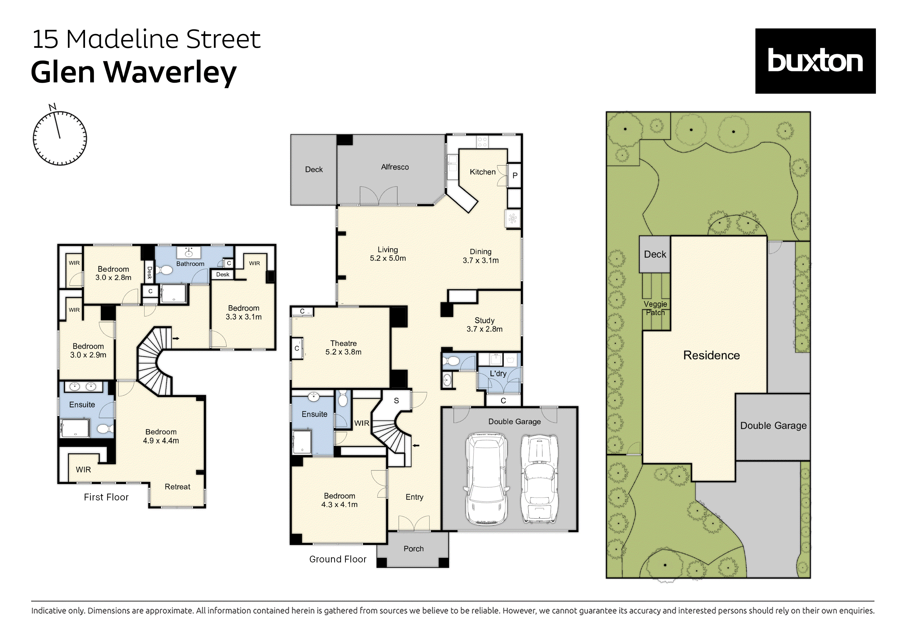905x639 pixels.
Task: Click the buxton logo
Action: coord(815,61)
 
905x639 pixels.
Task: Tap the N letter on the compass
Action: coord(52,107)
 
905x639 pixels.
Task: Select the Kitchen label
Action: coord(483,172)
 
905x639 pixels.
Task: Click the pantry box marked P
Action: coord(514,175)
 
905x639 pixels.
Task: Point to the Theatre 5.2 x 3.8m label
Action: coord(343,348)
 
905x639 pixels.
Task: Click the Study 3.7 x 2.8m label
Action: coord(484,325)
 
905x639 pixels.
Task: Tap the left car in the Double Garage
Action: coord(486,479)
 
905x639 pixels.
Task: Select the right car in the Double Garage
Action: coord(539,479)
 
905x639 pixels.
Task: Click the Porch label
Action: coord(413,549)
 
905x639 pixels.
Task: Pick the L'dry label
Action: coord(498,373)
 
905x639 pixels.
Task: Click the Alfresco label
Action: coord(395,167)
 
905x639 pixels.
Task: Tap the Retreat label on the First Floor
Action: coord(177,487)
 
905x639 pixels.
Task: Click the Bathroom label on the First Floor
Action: coord(190,264)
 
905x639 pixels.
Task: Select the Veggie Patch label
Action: coord(655,309)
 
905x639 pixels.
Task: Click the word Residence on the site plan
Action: coord(711,355)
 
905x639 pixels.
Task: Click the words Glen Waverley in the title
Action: coord(133,72)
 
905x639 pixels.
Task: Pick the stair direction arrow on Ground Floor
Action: coord(416,445)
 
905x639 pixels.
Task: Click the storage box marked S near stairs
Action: coord(396,401)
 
